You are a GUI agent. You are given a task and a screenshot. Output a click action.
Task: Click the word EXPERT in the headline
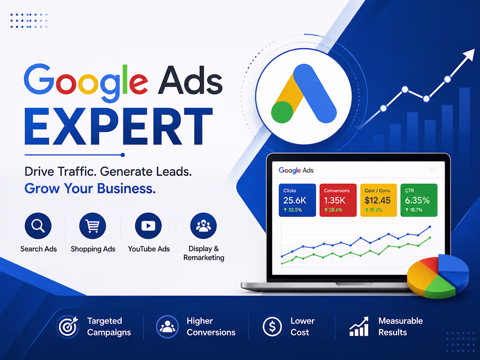click(x=118, y=126)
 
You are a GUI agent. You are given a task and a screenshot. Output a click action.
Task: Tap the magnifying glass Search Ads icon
click(x=38, y=226)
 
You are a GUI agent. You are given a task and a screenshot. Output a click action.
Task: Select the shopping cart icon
click(x=92, y=226)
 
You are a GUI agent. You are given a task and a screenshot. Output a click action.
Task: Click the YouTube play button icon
click(x=148, y=226)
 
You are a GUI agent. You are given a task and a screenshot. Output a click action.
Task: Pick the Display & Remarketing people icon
click(x=204, y=226)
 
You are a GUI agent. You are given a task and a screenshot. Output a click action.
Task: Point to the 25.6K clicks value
click(x=295, y=200)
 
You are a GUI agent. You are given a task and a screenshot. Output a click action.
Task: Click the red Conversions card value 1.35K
click(x=335, y=200)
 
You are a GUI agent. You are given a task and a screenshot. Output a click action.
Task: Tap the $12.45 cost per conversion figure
click(x=377, y=200)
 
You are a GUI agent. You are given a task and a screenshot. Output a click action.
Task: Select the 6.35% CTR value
click(x=417, y=200)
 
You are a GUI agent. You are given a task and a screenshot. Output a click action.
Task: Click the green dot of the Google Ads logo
click(x=282, y=112)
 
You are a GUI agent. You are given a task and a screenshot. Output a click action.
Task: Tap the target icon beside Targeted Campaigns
click(x=68, y=326)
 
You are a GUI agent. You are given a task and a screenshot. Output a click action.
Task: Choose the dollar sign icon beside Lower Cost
click(x=272, y=326)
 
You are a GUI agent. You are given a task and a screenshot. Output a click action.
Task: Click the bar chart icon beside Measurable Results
click(x=359, y=326)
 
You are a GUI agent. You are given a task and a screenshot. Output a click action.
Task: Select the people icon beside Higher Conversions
click(x=167, y=326)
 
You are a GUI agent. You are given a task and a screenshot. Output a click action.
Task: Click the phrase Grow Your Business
click(x=90, y=188)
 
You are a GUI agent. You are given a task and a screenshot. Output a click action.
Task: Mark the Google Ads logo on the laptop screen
click(x=296, y=170)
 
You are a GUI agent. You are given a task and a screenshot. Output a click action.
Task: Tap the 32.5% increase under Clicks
click(x=292, y=210)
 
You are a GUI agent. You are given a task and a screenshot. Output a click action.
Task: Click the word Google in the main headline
click(x=86, y=83)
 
